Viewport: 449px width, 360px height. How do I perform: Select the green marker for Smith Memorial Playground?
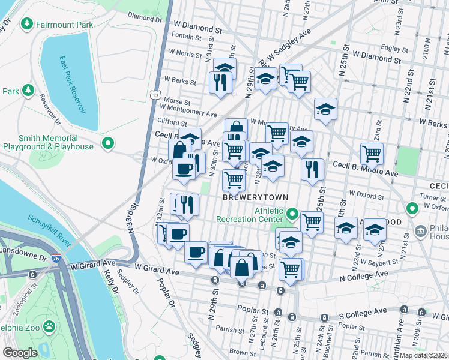tap(107, 143)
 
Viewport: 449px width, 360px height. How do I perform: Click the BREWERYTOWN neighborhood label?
tap(256, 197)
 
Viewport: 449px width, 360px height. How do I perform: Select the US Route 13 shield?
tap(155, 95)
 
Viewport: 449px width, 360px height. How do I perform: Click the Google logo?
tap(20, 352)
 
